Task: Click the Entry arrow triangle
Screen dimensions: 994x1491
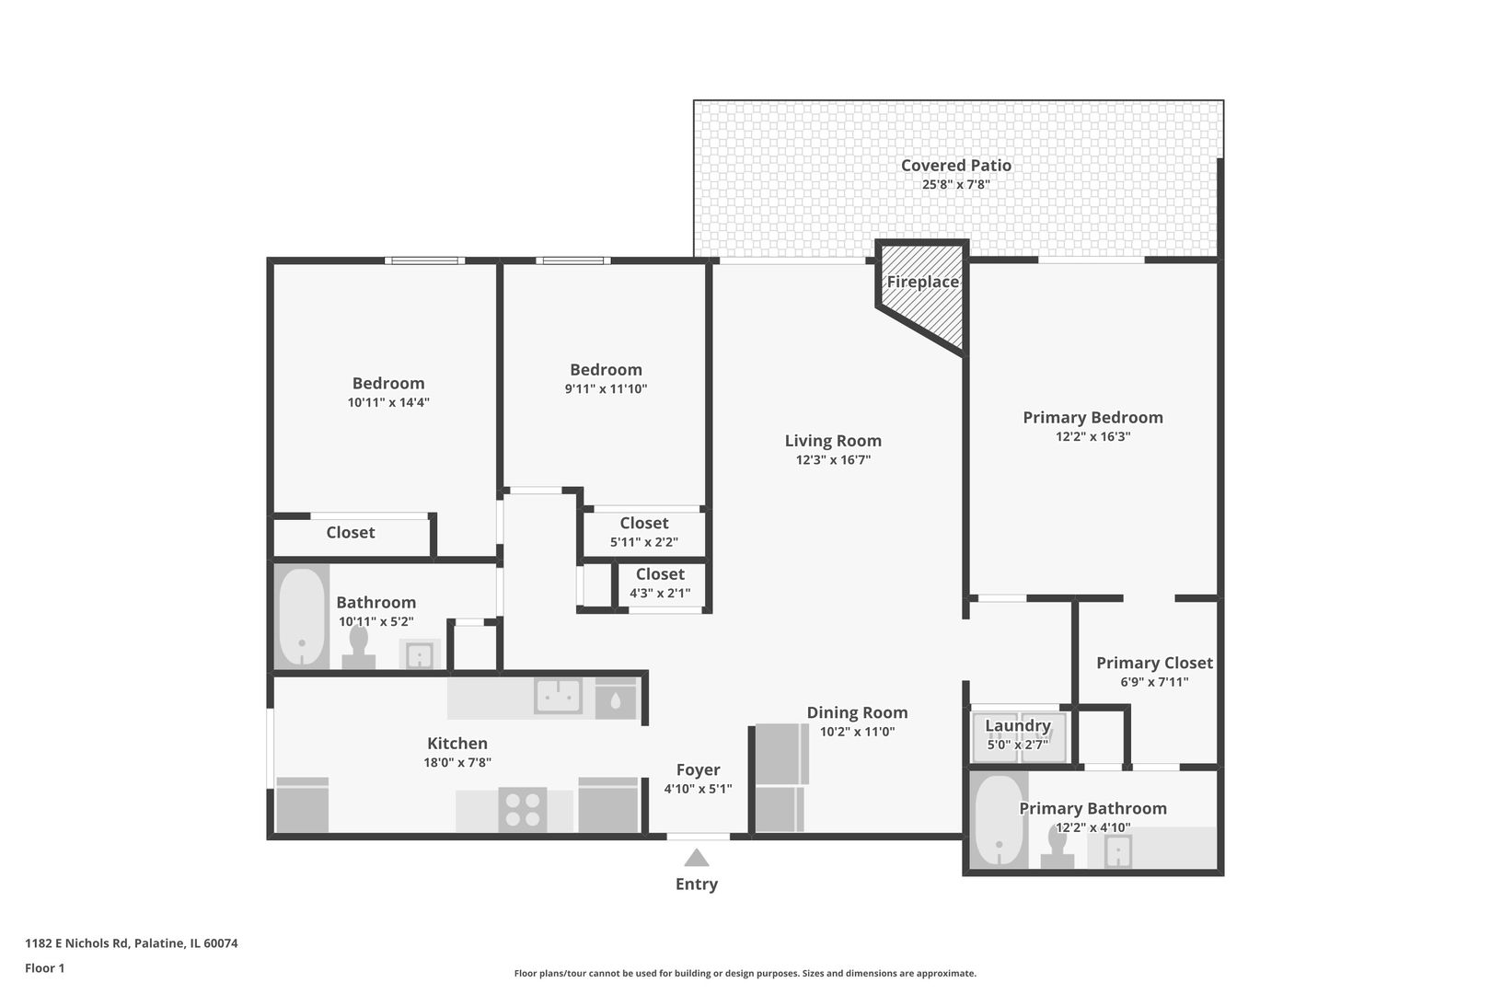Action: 697,858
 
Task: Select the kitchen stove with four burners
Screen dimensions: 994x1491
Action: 523,810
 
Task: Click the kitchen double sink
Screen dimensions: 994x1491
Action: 559,697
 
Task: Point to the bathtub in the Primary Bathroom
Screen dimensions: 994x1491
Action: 999,821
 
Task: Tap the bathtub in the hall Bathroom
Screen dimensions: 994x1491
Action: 302,617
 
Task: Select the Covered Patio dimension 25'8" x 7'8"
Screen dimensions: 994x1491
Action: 956,184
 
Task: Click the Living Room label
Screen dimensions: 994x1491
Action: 833,441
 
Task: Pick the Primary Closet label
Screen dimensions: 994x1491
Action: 1154,663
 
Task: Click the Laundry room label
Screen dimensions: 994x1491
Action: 1018,725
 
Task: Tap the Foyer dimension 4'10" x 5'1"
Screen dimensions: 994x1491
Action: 698,789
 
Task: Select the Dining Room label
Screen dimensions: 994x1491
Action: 857,712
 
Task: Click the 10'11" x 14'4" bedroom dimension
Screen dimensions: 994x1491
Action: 388,402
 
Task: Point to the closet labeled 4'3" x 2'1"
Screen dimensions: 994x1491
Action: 660,584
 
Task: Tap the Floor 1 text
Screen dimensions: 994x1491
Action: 44,968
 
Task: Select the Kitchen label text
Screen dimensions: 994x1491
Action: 457,744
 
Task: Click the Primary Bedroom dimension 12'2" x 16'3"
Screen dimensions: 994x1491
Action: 1092,436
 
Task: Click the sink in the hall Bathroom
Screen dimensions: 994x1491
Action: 420,655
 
